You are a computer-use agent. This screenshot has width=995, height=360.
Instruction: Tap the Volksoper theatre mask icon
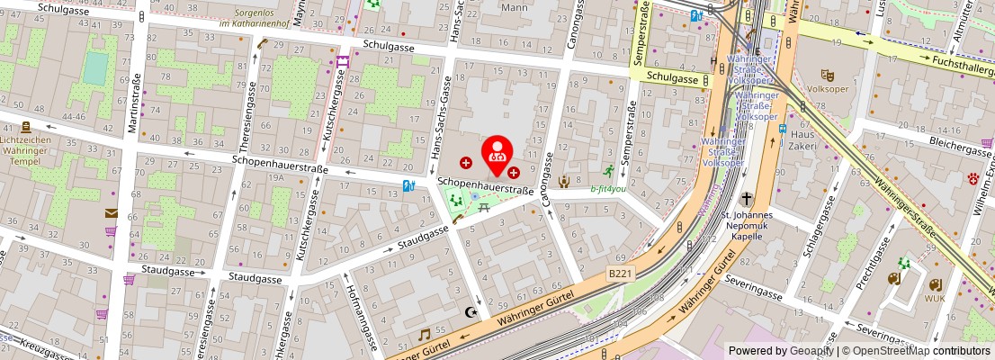[x=827, y=76]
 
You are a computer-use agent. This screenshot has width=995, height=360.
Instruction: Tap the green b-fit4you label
[x=608, y=189]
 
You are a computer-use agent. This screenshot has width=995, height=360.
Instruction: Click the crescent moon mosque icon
[x=469, y=312]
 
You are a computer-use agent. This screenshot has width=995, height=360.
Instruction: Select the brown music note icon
[x=424, y=335]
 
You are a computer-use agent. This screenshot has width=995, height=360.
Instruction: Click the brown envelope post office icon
[x=111, y=213]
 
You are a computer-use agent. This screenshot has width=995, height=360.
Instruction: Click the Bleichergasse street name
[x=933, y=141]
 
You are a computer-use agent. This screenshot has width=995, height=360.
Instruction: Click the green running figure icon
[x=609, y=171]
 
